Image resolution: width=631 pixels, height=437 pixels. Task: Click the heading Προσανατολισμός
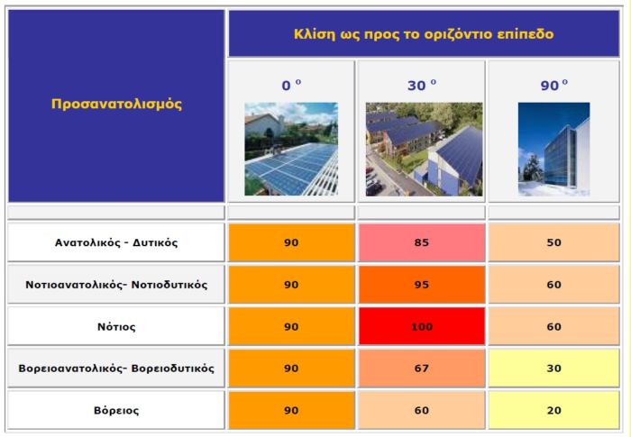pyautogui.click(x=116, y=104)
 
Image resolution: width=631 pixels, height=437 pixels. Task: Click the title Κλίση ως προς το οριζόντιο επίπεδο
pyautogui.click(x=424, y=34)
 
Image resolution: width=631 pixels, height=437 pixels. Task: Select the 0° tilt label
pyautogui.click(x=291, y=85)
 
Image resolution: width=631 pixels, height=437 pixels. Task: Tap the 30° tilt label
pyautogui.click(x=422, y=85)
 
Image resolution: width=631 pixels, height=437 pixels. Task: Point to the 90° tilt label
pyautogui.click(x=554, y=85)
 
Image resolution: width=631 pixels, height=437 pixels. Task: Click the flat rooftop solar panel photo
pyautogui.click(x=291, y=149)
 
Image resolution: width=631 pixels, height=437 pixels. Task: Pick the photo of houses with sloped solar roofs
pyautogui.click(x=425, y=150)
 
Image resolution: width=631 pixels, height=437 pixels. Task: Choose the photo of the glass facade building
pyautogui.click(x=554, y=150)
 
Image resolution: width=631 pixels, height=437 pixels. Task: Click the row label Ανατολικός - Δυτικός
pyautogui.click(x=116, y=242)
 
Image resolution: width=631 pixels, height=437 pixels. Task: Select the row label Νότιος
pyautogui.click(x=116, y=326)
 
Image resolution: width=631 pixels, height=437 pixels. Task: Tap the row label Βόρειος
pyautogui.click(x=116, y=411)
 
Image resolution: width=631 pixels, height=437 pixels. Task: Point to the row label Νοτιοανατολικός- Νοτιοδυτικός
pyautogui.click(x=116, y=285)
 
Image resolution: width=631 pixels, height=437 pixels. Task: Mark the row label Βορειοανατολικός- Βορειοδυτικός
pyautogui.click(x=116, y=369)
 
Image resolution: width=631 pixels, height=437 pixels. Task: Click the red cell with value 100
pyautogui.click(x=422, y=326)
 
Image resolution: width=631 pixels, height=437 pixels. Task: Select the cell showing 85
pyautogui.click(x=422, y=242)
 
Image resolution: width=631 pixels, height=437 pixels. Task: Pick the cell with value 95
pyautogui.click(x=422, y=285)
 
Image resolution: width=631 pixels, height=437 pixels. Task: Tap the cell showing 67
pyautogui.click(x=422, y=369)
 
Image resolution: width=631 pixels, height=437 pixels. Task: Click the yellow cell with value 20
pyautogui.click(x=554, y=411)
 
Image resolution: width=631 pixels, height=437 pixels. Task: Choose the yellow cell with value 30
pyautogui.click(x=554, y=369)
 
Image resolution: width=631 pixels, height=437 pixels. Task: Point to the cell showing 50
pyautogui.click(x=554, y=242)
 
